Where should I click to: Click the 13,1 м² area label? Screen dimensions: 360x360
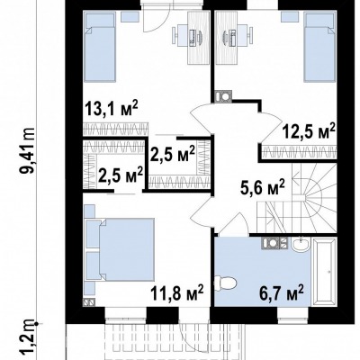(x=112, y=109)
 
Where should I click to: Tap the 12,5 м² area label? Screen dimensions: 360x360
(x=308, y=132)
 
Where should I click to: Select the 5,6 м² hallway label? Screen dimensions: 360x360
(x=262, y=188)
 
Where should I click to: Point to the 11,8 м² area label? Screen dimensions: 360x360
(x=177, y=292)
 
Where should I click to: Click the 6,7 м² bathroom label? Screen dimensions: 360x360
(x=282, y=293)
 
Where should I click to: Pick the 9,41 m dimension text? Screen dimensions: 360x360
(x=30, y=150)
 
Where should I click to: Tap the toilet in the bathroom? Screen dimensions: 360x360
(x=226, y=282)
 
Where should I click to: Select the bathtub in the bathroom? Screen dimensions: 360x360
(x=324, y=272)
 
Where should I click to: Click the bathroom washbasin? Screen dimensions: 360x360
(x=301, y=244)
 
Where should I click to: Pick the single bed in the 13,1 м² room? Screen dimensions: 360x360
(x=100, y=47)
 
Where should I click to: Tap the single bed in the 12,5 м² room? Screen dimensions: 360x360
(x=319, y=47)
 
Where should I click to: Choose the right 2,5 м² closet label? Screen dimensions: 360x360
(x=173, y=154)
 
